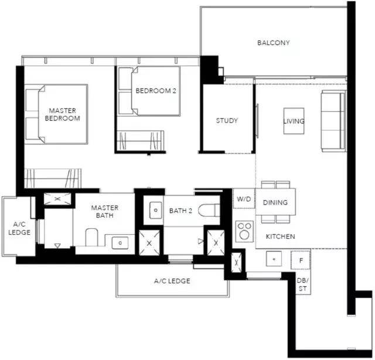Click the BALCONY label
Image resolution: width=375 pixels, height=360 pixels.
click(274, 43)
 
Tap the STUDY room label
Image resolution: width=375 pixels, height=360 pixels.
click(227, 121)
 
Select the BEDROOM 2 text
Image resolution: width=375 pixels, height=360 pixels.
click(156, 91)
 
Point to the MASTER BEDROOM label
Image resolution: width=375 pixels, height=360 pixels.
click(63, 114)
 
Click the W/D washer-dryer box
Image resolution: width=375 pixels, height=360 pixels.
click(244, 199)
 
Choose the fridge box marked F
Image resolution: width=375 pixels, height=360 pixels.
click(301, 260)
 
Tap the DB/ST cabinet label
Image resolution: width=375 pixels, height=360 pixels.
click(303, 284)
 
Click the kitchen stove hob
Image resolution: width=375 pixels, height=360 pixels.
click(244, 231)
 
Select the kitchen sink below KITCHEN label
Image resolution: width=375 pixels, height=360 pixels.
click(274, 259)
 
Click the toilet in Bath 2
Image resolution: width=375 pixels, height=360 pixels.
click(209, 210)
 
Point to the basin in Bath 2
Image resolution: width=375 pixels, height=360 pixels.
click(155, 210)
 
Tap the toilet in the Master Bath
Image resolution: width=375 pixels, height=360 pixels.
click(91, 237)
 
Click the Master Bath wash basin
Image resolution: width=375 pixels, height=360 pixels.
click(120, 243)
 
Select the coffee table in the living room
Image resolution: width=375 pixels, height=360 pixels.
click(294, 121)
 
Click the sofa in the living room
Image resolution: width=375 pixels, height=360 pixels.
click(333, 121)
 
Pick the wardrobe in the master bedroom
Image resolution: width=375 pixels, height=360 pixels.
click(53, 179)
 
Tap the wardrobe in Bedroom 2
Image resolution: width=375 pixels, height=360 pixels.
click(141, 140)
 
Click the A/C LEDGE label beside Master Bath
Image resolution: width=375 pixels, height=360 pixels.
click(19, 228)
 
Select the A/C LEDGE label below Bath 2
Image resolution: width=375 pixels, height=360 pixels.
click(172, 281)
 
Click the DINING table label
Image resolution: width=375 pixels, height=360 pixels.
click(275, 203)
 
